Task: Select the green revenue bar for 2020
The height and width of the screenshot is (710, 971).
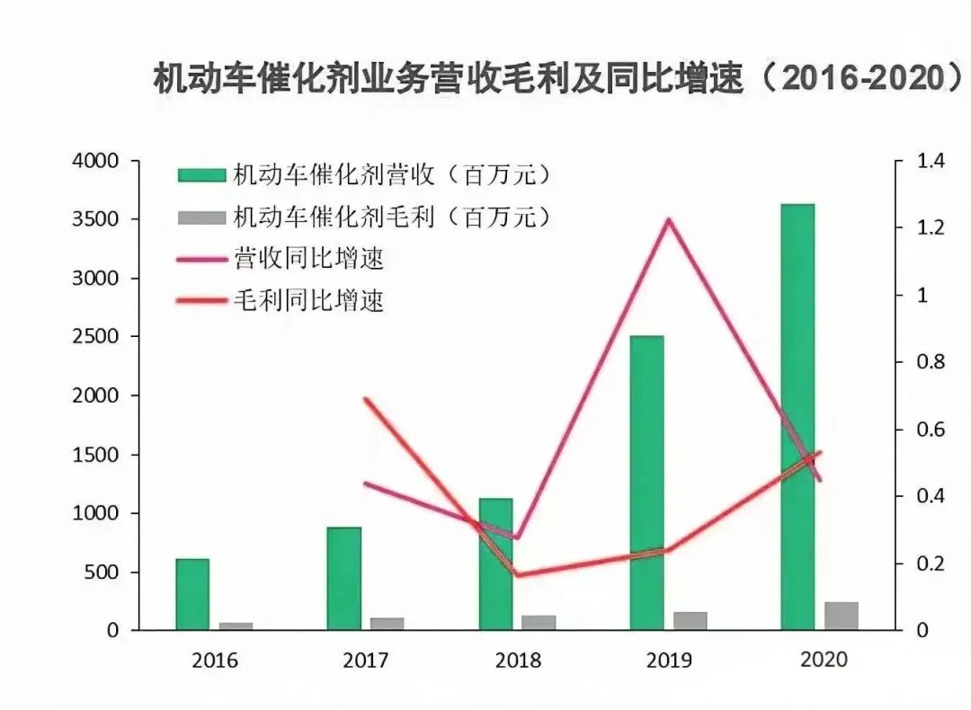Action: pyautogui.click(x=797, y=417)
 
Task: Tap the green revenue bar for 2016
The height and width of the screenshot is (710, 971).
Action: pyautogui.click(x=192, y=594)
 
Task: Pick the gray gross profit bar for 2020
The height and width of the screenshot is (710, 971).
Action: pyautogui.click(x=842, y=616)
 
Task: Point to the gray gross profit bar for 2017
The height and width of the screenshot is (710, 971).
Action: pyautogui.click(x=388, y=624)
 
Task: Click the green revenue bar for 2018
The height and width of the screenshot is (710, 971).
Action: pyautogui.click(x=495, y=564)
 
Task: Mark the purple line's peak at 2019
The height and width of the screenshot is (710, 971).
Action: pyautogui.click(x=668, y=219)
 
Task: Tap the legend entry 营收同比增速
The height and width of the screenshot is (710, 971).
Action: pyautogui.click(x=308, y=259)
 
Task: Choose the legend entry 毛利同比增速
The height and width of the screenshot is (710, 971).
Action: pyautogui.click(x=308, y=299)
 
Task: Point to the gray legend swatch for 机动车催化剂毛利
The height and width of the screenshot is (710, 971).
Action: pyautogui.click(x=200, y=217)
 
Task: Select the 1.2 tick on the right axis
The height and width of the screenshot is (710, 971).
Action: pyautogui.click(x=931, y=228)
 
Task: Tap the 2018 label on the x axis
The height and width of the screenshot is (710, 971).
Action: pyautogui.click(x=518, y=661)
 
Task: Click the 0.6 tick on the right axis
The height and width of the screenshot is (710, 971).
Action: pyautogui.click(x=931, y=430)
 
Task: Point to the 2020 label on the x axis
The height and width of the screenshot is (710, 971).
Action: pyautogui.click(x=823, y=659)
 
